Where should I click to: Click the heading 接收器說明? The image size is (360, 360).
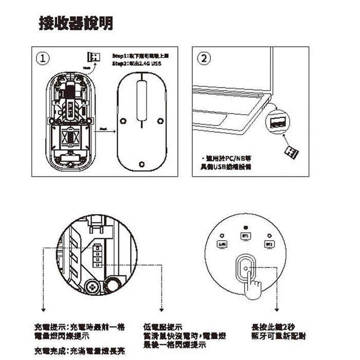pyautogui.click(x=77, y=23)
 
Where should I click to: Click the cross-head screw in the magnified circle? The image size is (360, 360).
pyautogui.click(x=93, y=286)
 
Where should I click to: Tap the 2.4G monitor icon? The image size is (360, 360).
pyautogui.click(x=222, y=243)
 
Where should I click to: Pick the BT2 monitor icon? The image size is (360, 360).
pyautogui.click(x=268, y=243)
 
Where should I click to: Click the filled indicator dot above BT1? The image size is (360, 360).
pyautogui.click(x=245, y=227)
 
